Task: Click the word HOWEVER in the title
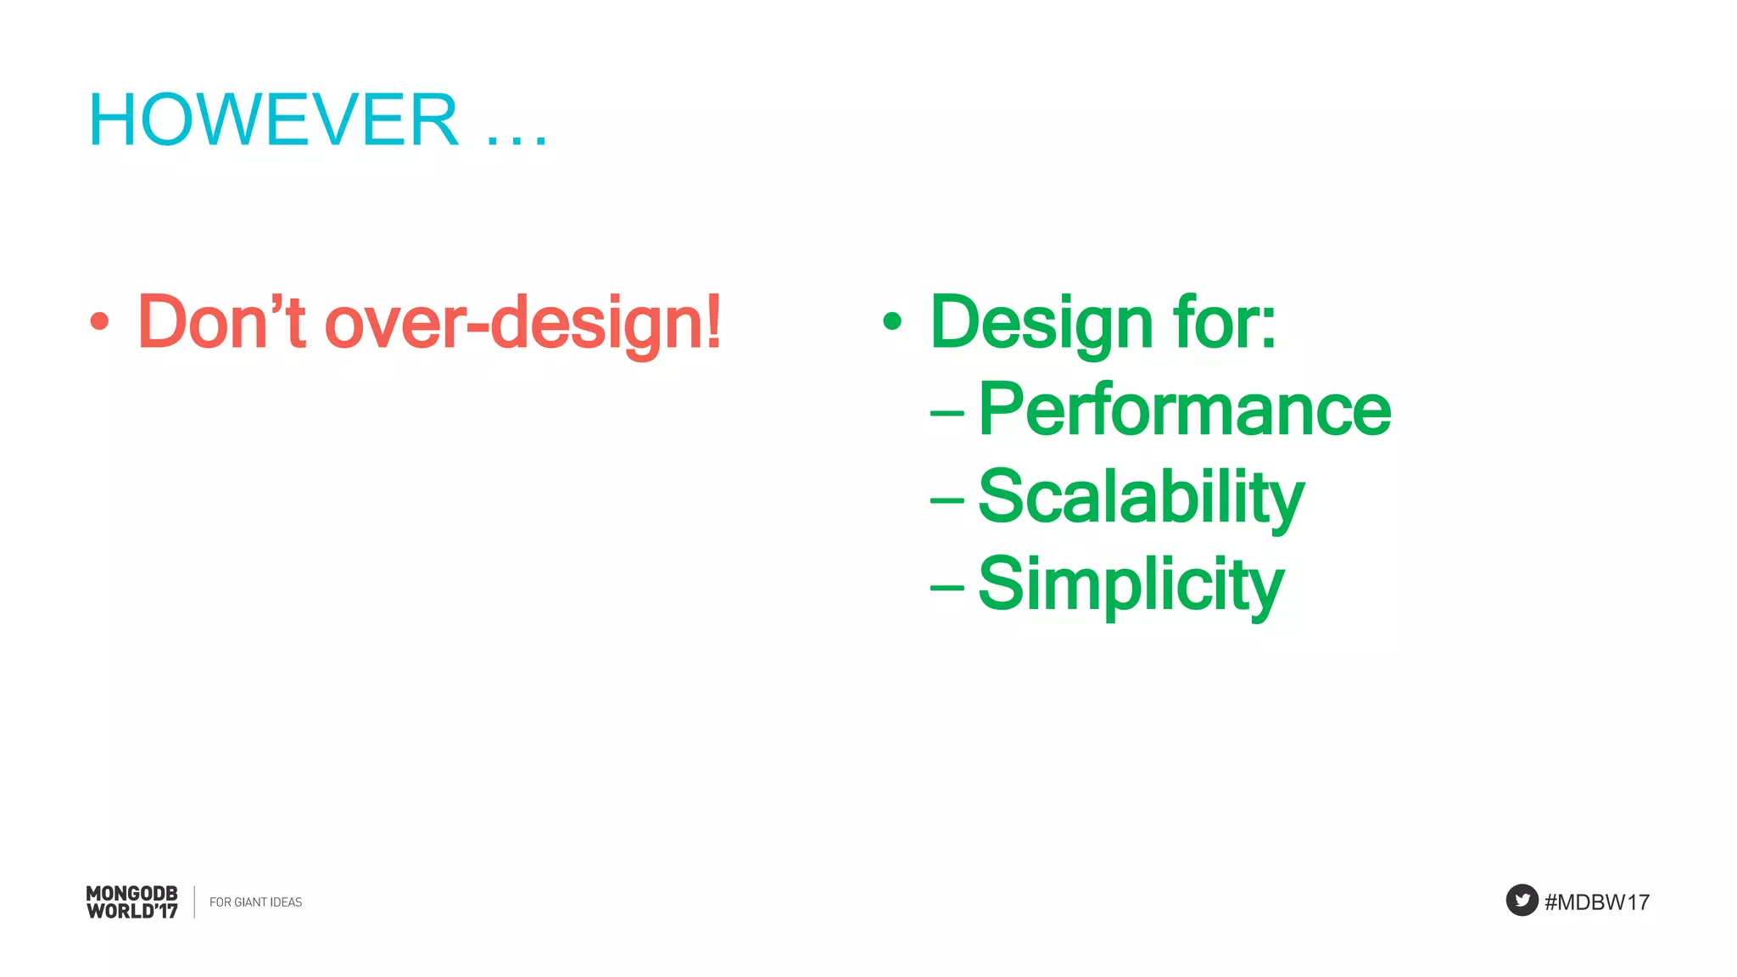pos(273,120)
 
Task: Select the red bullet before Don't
pos(100,321)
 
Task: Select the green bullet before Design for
pos(891,321)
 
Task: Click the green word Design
pos(1041,322)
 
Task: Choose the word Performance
pos(1184,410)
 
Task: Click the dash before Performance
pos(947,414)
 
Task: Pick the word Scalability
pos(1140,498)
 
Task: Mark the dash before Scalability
pos(947,500)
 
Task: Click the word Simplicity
pos(1131,584)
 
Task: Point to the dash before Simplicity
pos(947,587)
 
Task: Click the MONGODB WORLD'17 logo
pos(131,902)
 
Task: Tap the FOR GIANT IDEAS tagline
pos(255,902)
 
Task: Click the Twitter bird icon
pos(1522,901)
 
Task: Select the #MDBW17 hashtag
pos(1596,902)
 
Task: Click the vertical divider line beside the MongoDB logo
pos(194,902)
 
